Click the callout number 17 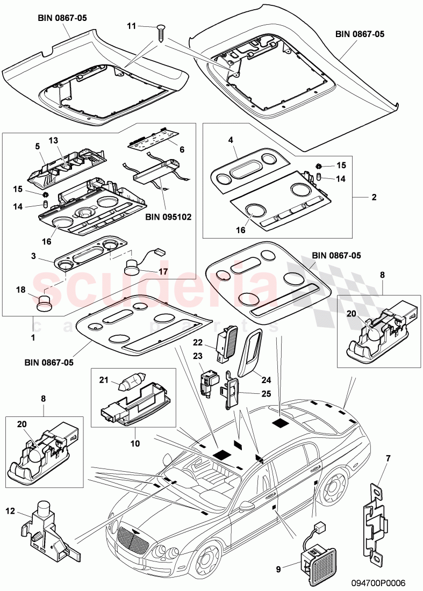[x=162, y=271]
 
